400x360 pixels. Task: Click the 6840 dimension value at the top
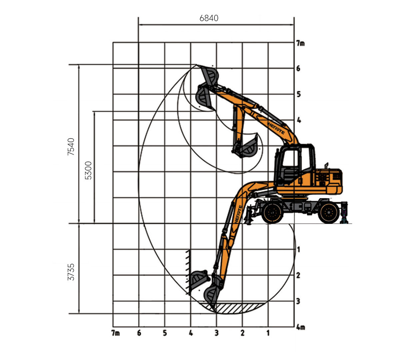(x=209, y=18)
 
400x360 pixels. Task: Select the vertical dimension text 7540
(x=71, y=147)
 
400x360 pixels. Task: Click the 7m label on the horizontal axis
(x=115, y=333)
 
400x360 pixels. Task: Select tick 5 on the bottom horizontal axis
(x=165, y=333)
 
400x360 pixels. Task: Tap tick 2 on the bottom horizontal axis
(x=242, y=333)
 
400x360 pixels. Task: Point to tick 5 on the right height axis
(x=299, y=94)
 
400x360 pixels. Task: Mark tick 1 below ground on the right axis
(x=299, y=249)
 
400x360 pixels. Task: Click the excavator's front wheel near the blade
(x=272, y=212)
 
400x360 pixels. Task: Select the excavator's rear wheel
(x=329, y=212)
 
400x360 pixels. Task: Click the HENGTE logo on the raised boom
(x=276, y=128)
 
